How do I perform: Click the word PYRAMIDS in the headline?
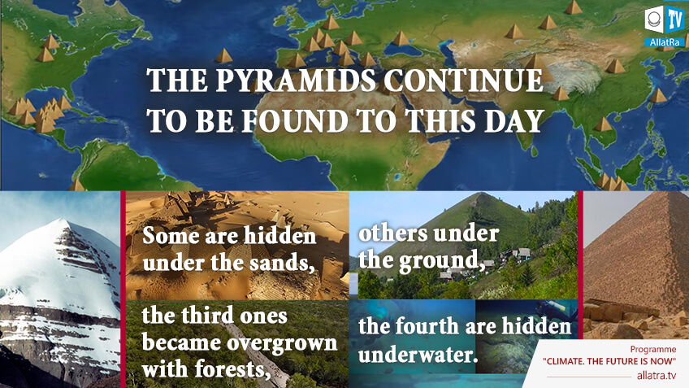(x=296, y=81)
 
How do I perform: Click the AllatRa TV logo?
(x=665, y=26)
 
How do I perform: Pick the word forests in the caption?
(x=232, y=368)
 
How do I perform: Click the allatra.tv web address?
(x=656, y=375)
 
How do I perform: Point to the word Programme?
(x=653, y=349)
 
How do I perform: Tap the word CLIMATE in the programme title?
(x=563, y=361)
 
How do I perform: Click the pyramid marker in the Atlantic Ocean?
(x=223, y=56)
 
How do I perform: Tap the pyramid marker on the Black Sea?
(x=401, y=39)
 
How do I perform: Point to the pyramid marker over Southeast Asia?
(x=604, y=124)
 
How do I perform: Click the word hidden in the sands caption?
(x=279, y=236)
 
